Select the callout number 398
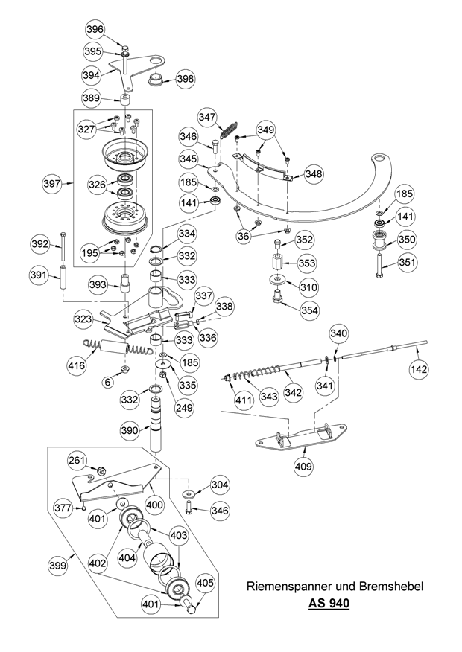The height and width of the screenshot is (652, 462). (185, 78)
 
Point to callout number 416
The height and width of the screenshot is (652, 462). (75, 365)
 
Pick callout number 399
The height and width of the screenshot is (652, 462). (57, 566)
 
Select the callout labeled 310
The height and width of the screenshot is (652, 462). (308, 286)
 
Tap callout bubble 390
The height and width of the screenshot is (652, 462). (130, 430)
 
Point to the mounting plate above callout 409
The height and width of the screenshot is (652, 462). (301, 437)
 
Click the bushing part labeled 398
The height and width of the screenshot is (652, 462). (156, 79)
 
